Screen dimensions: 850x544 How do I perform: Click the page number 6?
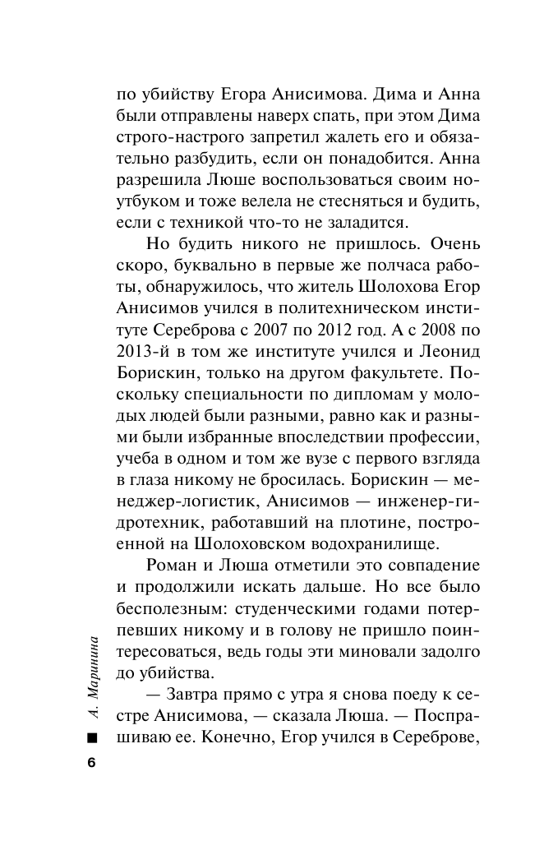coord(91,762)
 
